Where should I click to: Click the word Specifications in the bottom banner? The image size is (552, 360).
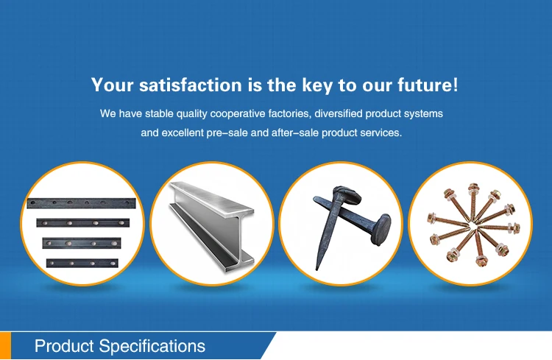coord(152,346)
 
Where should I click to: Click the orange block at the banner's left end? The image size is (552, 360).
coord(6,346)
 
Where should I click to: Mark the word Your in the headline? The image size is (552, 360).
coord(111,85)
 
